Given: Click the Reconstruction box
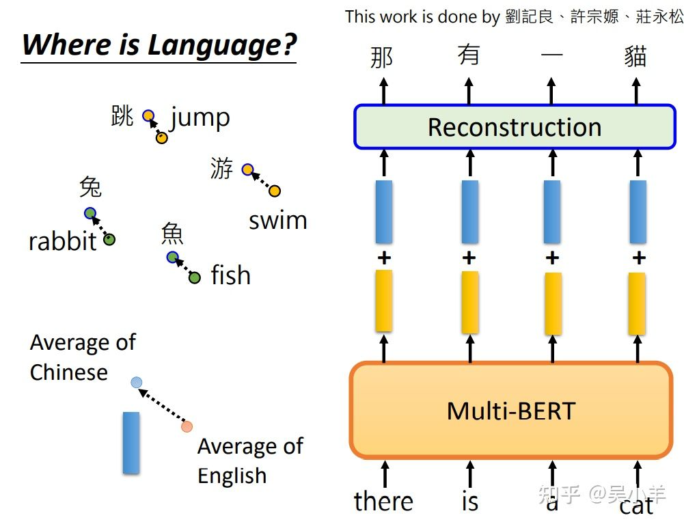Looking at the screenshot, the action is (x=515, y=127).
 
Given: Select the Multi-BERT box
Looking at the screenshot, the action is (x=511, y=411).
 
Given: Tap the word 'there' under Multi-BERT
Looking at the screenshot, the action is (x=383, y=501).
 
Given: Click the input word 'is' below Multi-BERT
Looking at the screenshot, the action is (x=470, y=502).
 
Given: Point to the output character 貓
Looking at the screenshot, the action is (x=635, y=57).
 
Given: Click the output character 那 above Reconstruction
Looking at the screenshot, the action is (x=381, y=57).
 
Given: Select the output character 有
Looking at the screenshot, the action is (x=469, y=55).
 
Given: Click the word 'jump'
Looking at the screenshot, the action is (x=200, y=118).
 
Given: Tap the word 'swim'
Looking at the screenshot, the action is (x=278, y=221).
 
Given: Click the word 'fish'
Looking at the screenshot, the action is (x=231, y=275).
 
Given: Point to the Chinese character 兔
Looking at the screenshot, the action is (x=90, y=187).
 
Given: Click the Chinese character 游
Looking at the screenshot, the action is (x=221, y=168).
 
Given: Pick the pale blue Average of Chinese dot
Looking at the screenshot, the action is (x=137, y=383).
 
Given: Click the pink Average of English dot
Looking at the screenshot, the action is (x=187, y=426).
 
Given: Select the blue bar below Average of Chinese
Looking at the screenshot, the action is (x=131, y=443).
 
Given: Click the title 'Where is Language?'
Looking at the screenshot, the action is (x=159, y=45).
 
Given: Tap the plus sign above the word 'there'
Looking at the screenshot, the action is (x=384, y=258).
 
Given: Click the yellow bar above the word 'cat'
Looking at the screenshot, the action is (x=637, y=303).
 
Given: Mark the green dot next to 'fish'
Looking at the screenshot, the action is (x=195, y=278).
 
